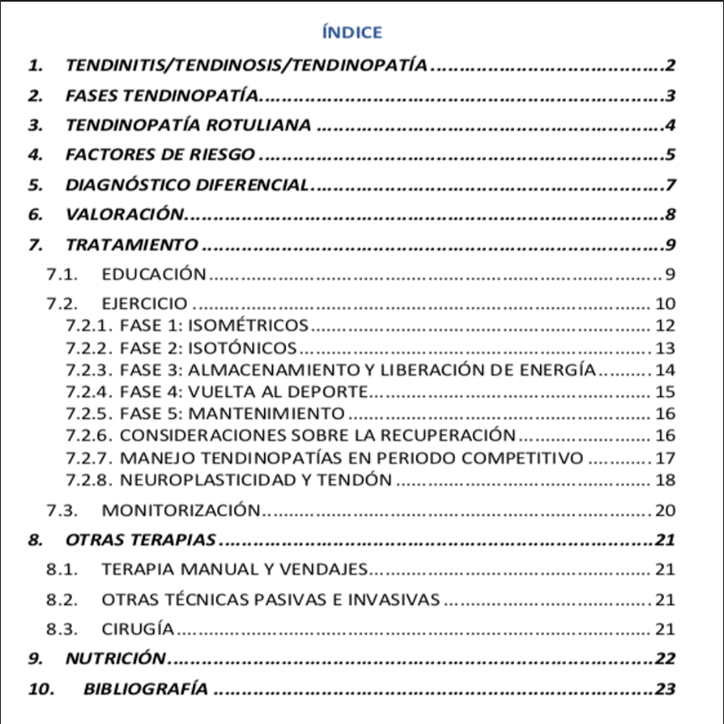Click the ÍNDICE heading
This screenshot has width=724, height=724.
click(x=353, y=33)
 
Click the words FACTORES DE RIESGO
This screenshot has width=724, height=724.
click(x=160, y=155)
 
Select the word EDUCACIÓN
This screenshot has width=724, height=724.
click(x=153, y=273)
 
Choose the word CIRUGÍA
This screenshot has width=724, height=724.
click(x=138, y=628)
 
